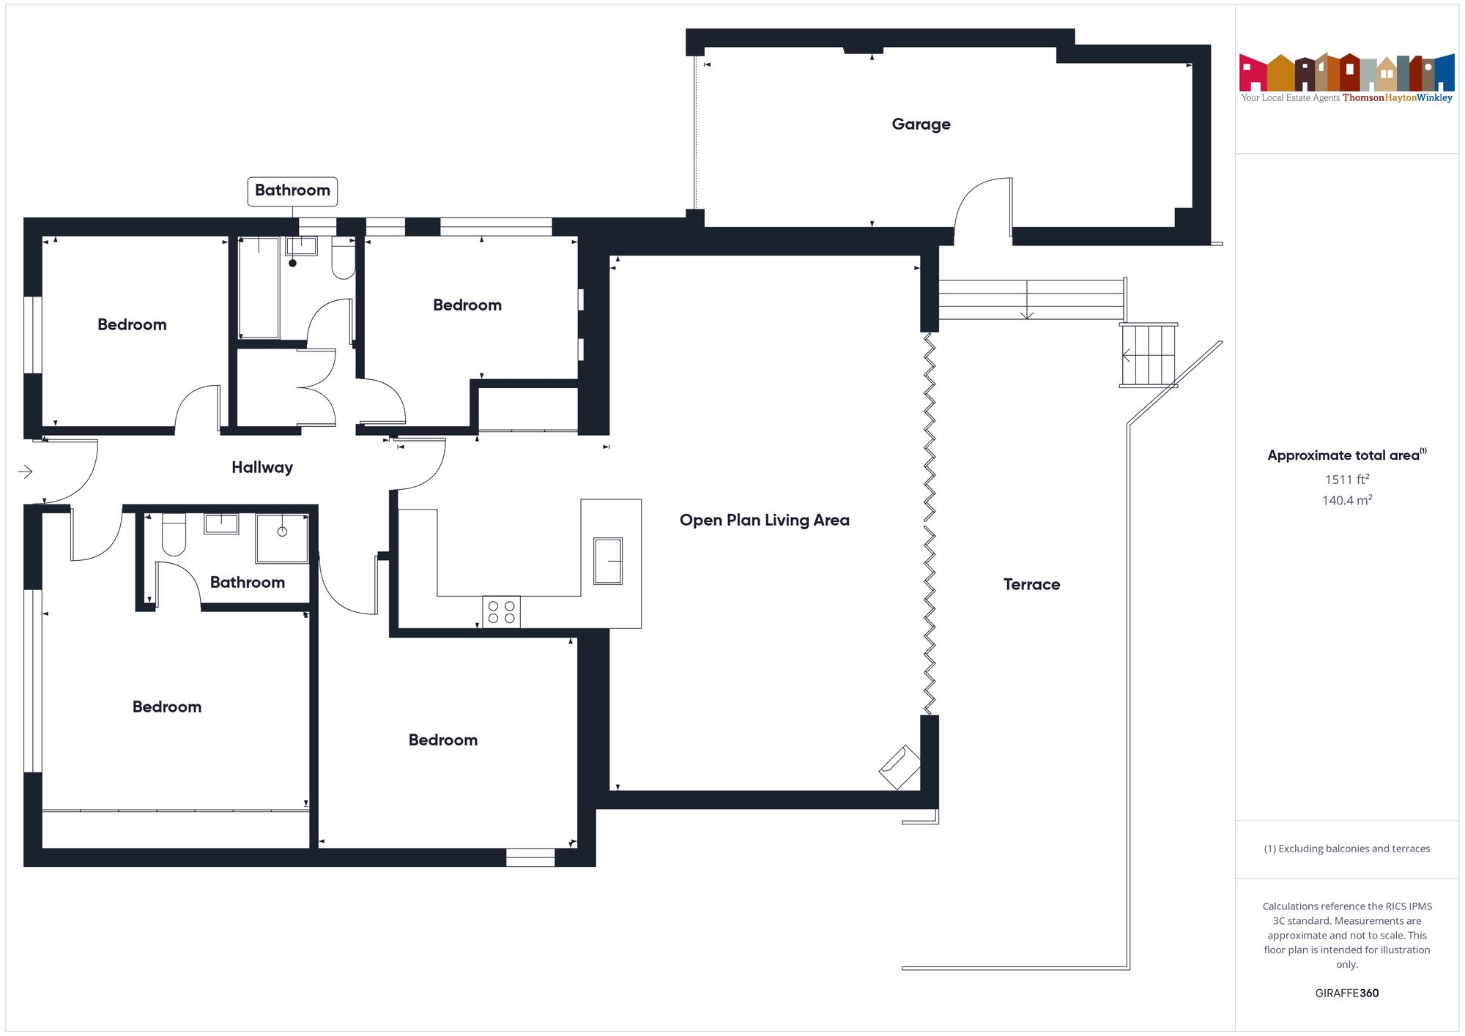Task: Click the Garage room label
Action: click(921, 124)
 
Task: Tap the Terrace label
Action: click(1031, 584)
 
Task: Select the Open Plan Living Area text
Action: click(764, 520)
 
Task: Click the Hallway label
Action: click(262, 467)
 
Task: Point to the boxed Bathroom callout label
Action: click(292, 190)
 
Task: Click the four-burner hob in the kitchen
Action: click(501, 612)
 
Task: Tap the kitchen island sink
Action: click(608, 561)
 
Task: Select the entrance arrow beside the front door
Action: click(26, 472)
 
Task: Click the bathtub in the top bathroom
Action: click(259, 287)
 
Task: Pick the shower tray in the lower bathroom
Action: click(282, 537)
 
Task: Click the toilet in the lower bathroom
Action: click(174, 534)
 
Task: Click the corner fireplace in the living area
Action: click(900, 767)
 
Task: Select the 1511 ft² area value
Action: click(1346, 480)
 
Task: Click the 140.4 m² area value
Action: click(1346, 501)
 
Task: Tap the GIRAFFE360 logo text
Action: click(1346, 993)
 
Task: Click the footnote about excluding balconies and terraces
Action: click(1346, 849)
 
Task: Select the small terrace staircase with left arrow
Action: click(1148, 355)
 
